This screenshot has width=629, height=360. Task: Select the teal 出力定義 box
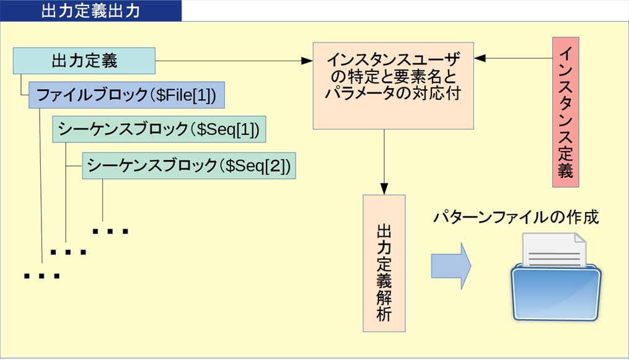pos(84,61)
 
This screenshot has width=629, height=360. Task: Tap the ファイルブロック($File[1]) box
pos(126,95)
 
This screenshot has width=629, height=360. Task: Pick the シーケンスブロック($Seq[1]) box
pos(158,129)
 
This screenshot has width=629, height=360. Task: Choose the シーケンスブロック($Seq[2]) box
pos(188,165)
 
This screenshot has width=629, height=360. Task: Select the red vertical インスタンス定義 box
pos(565,112)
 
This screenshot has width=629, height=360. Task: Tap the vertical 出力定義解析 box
pos(384,263)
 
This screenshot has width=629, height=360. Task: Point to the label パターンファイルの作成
pos(516,217)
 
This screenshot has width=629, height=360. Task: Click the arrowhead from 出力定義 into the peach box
pos(307,61)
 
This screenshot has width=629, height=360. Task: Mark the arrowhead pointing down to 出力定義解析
pos(384,188)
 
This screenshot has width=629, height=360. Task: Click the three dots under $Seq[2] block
pos(110,232)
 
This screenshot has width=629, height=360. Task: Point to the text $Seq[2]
pos(257,165)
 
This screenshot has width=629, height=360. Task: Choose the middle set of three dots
pos(68,252)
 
